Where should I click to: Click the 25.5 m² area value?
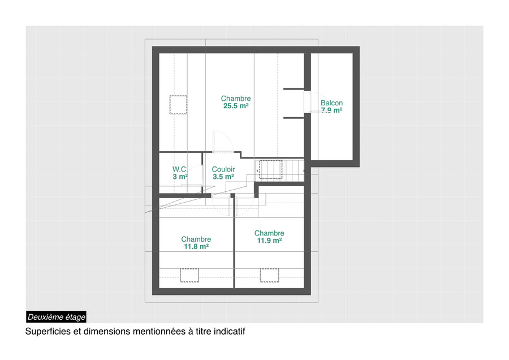(236, 106)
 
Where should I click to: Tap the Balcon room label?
(331, 103)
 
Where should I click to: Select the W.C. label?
(180, 169)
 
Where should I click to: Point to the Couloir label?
(223, 169)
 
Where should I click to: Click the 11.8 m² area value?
(196, 247)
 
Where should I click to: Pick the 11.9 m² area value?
(269, 241)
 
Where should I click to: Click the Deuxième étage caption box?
(57, 317)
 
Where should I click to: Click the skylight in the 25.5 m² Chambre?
(178, 105)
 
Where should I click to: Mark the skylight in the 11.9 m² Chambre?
(270, 275)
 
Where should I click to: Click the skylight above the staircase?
(270, 169)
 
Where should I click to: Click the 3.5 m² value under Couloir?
(223, 177)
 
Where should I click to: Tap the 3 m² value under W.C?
(180, 177)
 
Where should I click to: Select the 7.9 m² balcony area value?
(332, 110)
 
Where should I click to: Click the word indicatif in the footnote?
(230, 332)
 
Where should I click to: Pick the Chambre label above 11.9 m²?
(269, 233)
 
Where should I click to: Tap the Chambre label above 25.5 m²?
(236, 98)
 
